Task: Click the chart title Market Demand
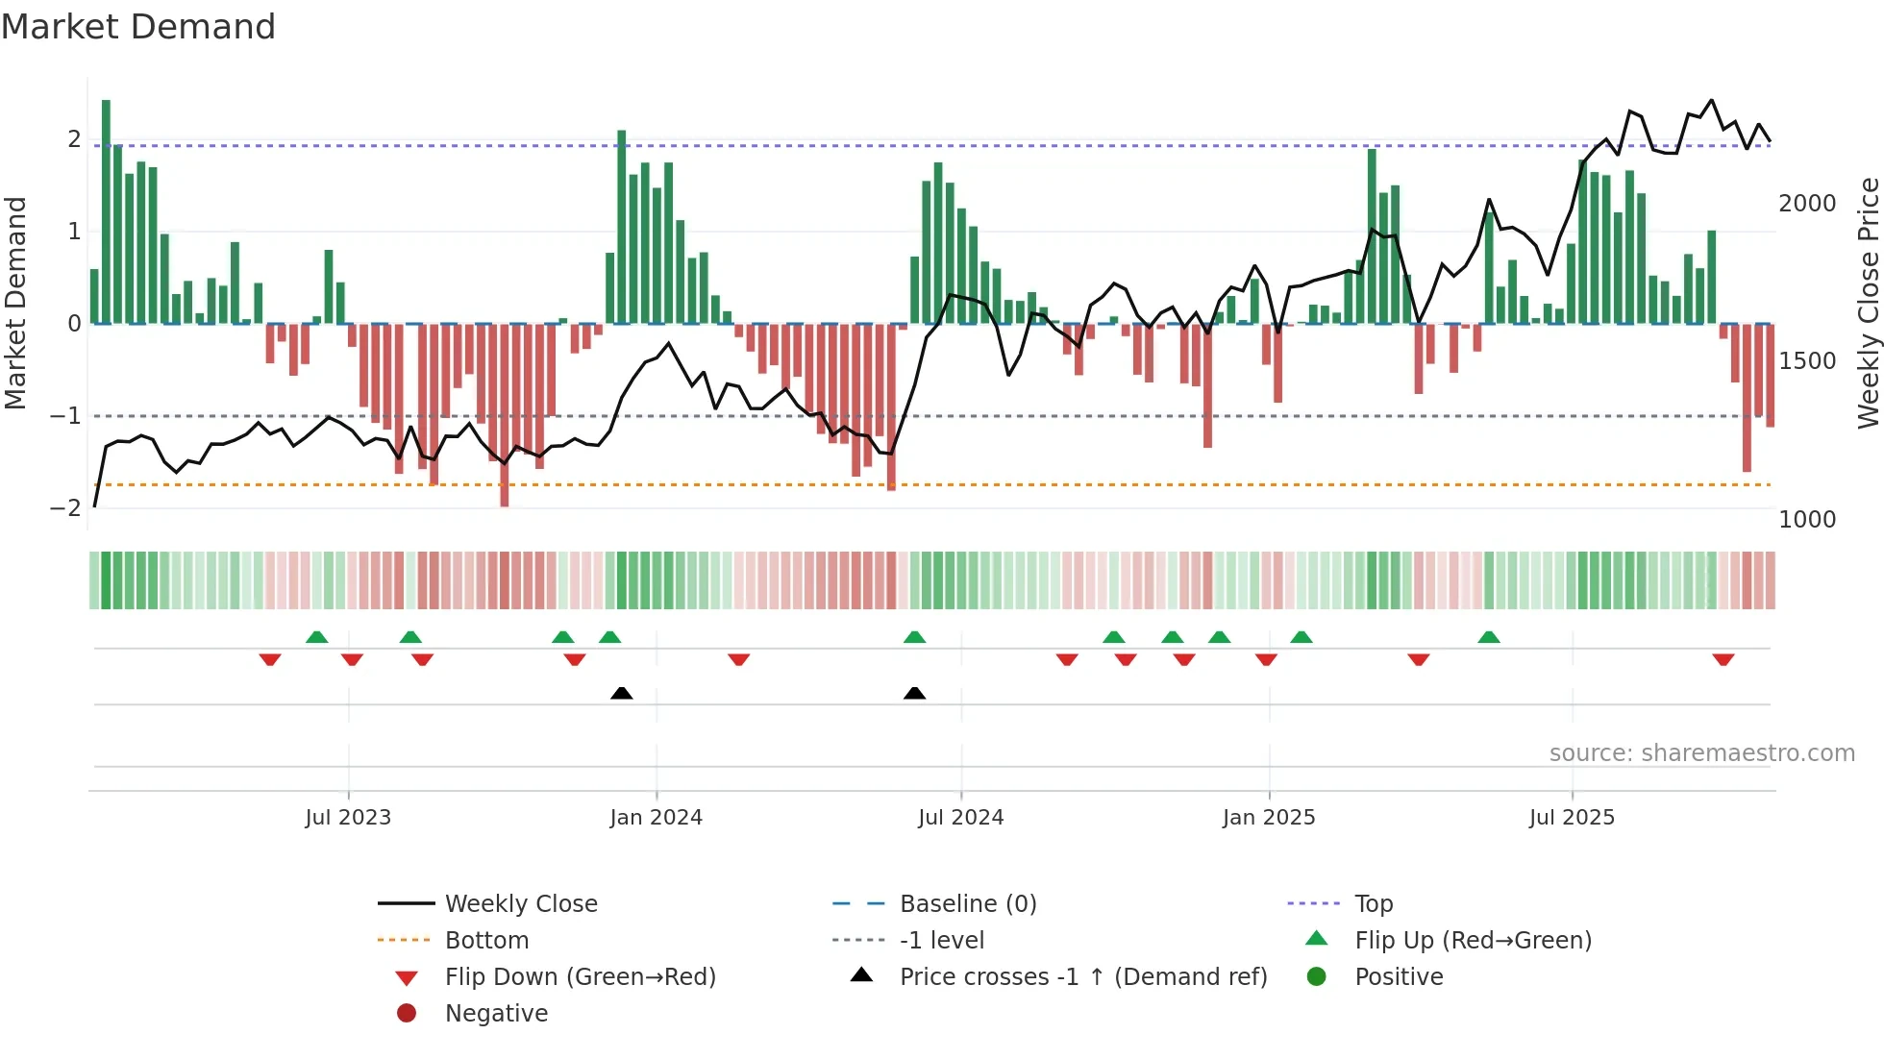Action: tap(138, 27)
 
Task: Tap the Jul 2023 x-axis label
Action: tap(348, 818)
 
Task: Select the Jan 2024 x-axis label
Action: tap(656, 818)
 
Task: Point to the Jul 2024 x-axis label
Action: tap(960, 818)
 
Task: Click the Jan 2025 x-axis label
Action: tap(1269, 818)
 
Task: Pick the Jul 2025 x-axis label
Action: tap(1572, 818)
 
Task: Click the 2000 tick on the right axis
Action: tap(1807, 204)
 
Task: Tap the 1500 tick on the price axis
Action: tap(1807, 361)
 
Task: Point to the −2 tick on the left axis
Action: tap(65, 507)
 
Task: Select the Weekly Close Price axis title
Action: tap(1868, 303)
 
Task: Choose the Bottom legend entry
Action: tap(486, 941)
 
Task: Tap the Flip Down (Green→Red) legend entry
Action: tap(580, 977)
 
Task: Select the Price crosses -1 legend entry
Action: tap(1082, 977)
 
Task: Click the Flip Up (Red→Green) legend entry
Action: tap(1473, 941)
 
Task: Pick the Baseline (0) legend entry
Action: tap(967, 904)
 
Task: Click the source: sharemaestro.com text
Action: tap(1701, 753)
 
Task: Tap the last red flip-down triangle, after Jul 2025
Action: tap(1723, 659)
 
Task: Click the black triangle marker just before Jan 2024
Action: tap(622, 693)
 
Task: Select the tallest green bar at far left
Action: tap(106, 211)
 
